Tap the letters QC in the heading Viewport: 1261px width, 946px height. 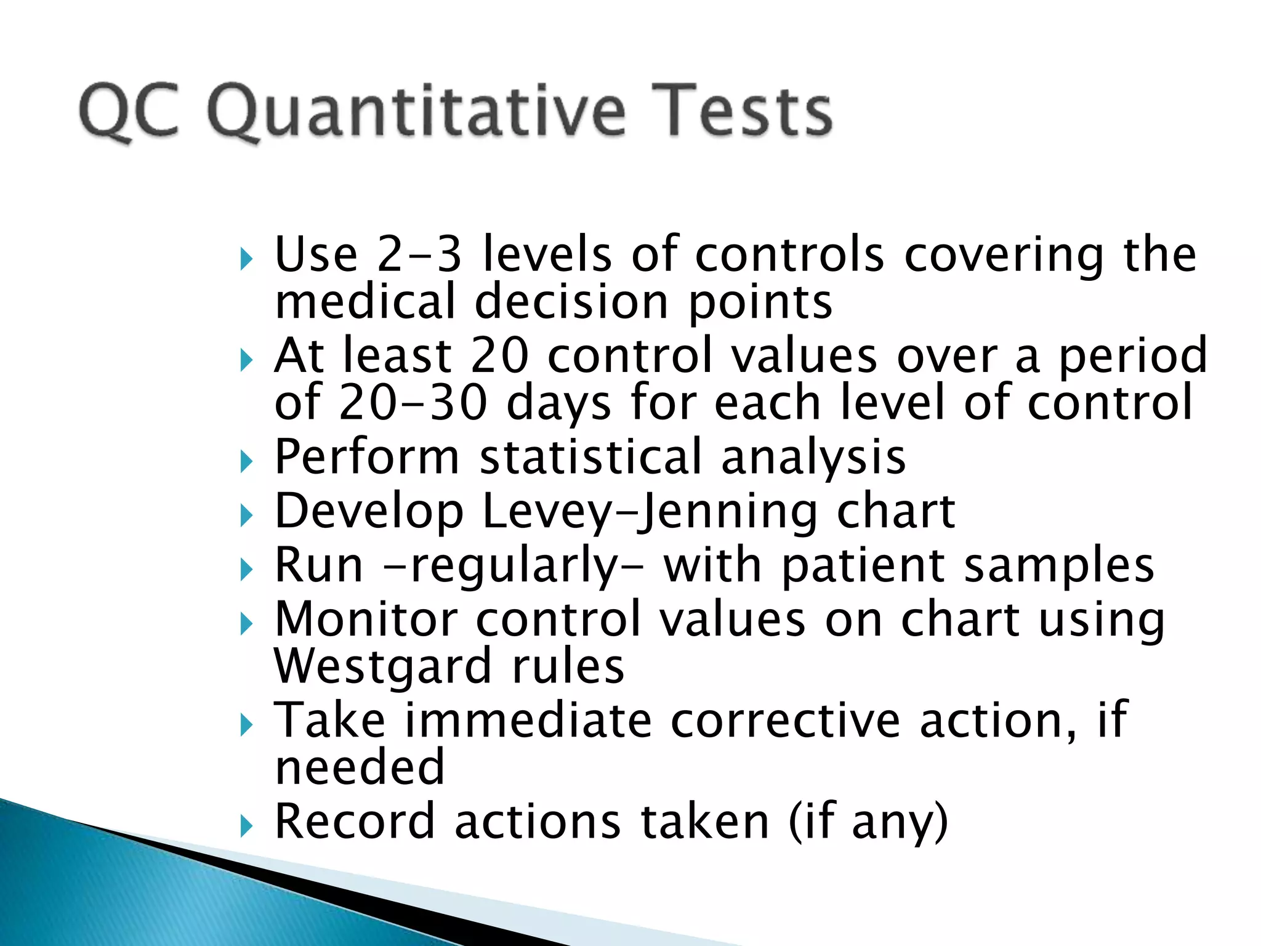[x=129, y=113]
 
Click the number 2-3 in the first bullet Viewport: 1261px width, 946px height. [x=419, y=254]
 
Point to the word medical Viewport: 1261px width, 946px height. [x=365, y=302]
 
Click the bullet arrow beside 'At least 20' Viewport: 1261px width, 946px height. [x=246, y=359]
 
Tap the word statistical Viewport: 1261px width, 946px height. [x=591, y=457]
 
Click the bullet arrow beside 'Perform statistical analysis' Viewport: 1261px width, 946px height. [x=246, y=460]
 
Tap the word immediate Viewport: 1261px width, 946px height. [x=528, y=721]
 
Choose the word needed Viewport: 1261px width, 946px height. [x=360, y=767]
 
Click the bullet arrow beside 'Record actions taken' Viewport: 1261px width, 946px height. [x=246, y=825]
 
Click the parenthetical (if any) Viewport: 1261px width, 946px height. [x=868, y=822]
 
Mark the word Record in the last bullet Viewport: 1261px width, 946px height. [x=355, y=822]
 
